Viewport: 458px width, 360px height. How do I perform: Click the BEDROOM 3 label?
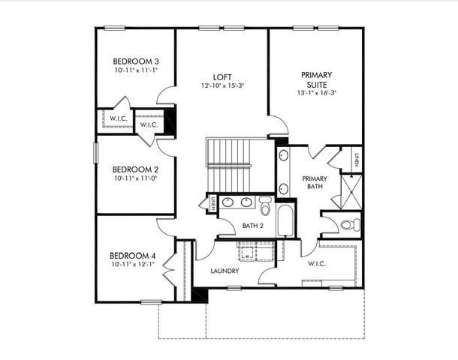tap(135, 61)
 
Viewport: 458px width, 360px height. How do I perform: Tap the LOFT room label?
tap(222, 76)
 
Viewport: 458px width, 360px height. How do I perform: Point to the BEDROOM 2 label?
tap(135, 169)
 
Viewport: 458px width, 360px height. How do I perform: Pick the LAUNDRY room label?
tap(224, 270)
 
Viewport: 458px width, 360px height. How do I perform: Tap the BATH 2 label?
tap(253, 225)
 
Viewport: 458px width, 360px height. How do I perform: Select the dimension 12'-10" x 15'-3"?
tap(222, 85)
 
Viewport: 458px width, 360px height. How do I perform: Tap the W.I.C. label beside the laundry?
tap(317, 263)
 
